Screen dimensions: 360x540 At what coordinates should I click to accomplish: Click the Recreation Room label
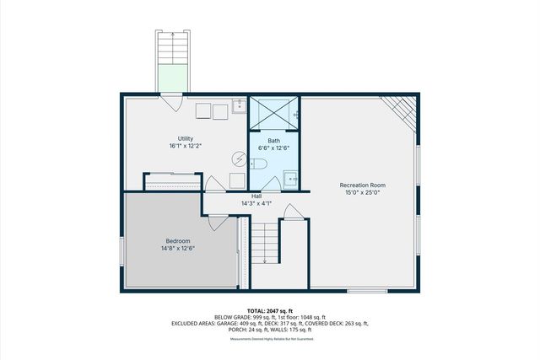(x=361, y=185)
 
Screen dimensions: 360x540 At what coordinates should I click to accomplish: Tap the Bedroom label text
(x=178, y=241)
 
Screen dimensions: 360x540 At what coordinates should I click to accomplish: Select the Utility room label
(x=186, y=138)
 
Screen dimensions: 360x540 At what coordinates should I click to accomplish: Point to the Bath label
(x=274, y=140)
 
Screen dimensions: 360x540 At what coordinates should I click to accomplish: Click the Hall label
(x=256, y=196)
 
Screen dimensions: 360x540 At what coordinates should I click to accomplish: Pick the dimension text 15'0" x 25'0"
(x=361, y=192)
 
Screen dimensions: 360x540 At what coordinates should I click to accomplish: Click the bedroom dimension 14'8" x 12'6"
(x=178, y=249)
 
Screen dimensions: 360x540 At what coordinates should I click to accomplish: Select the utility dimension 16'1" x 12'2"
(x=186, y=146)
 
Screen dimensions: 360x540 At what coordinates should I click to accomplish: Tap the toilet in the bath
(x=258, y=163)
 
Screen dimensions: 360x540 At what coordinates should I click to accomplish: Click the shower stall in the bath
(x=273, y=113)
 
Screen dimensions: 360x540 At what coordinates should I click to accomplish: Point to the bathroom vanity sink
(x=291, y=177)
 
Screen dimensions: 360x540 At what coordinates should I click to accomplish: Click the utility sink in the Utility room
(x=238, y=105)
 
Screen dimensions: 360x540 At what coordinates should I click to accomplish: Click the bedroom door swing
(x=217, y=222)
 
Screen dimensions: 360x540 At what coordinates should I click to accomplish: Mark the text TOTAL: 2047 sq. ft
(x=270, y=310)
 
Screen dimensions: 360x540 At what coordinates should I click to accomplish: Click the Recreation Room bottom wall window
(x=367, y=291)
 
